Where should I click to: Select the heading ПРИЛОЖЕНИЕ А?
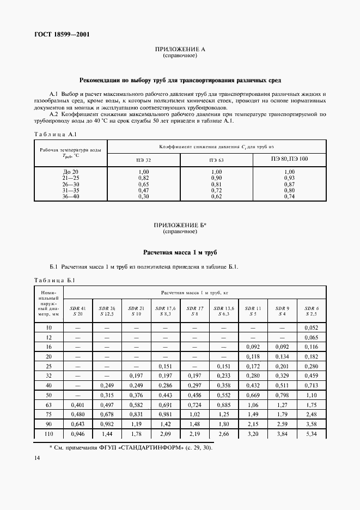pos(180,50)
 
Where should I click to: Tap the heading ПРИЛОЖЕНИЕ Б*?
pos(180,225)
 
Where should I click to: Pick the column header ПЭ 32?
pos(144,160)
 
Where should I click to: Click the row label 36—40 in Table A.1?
pos(71,196)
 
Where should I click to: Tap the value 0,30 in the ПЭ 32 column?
pos(144,196)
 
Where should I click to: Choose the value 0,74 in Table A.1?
pos(289,196)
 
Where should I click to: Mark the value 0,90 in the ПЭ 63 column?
pos(217,178)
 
